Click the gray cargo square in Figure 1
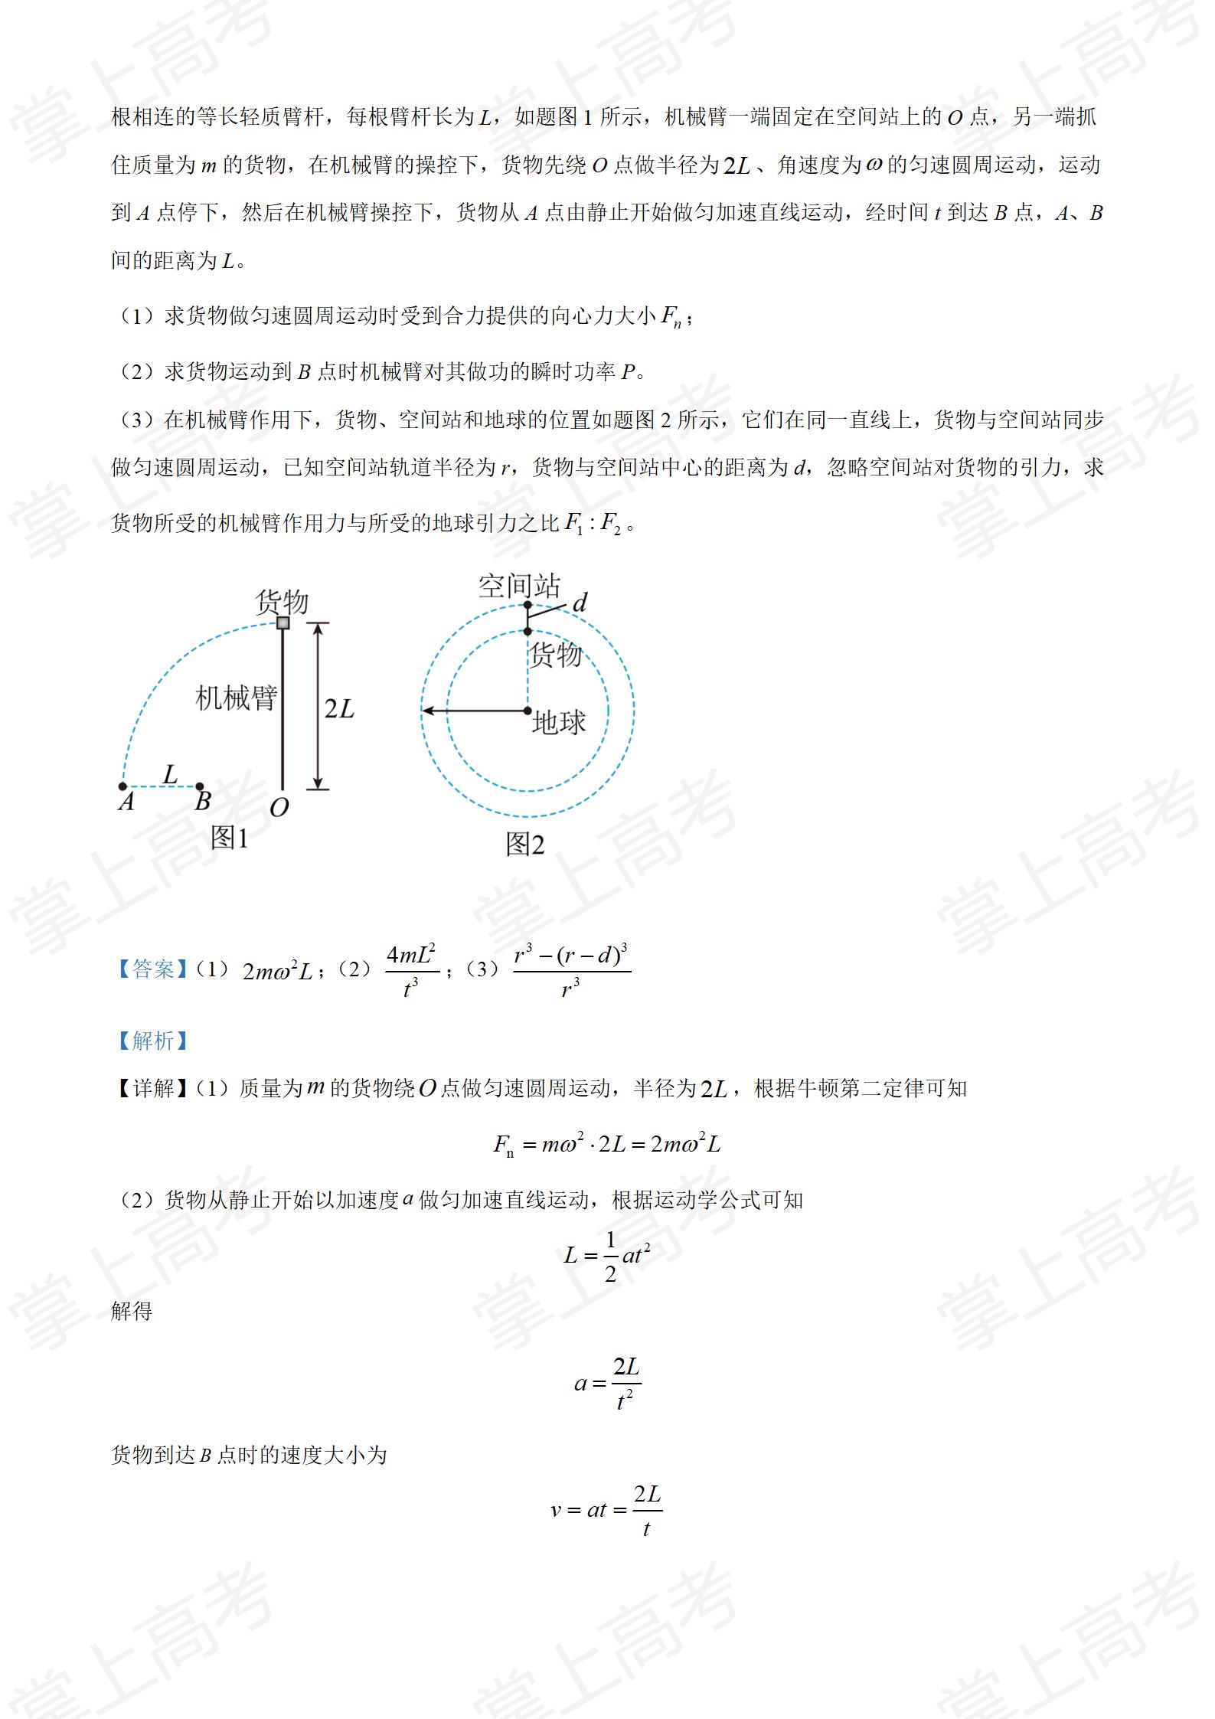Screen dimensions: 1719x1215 pos(283,623)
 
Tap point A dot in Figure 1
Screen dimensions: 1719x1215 pos(122,786)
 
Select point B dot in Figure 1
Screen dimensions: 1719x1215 pos(200,786)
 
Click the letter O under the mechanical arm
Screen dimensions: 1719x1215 pos(279,807)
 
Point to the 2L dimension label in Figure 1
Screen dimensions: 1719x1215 pos(339,708)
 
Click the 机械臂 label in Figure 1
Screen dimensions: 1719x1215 pos(236,698)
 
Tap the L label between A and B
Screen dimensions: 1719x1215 pos(170,774)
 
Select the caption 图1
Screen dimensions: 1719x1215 pos(230,838)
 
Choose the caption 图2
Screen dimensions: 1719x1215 pos(524,845)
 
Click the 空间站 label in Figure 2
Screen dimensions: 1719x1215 pos(519,586)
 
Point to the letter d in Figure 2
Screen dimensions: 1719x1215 pos(580,603)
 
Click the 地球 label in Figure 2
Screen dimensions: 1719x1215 pos(559,722)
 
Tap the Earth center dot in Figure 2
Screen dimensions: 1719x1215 pos(527,711)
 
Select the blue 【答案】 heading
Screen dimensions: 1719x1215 pos(152,969)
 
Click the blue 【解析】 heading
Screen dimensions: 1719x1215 pos(152,1041)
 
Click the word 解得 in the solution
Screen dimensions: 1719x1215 pos(132,1312)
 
